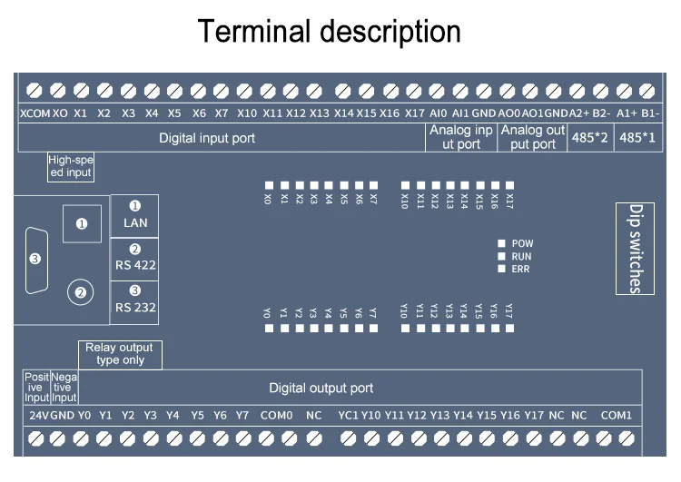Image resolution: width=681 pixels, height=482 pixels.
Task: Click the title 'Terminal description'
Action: click(331, 32)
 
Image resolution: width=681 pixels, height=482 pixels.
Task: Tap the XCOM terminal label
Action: click(35, 113)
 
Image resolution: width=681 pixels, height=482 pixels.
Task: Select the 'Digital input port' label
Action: click(207, 139)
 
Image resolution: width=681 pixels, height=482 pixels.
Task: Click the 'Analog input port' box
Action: click(460, 138)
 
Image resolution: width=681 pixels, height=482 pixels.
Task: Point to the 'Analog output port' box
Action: click(533, 138)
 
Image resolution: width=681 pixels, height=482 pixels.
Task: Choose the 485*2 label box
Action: click(591, 139)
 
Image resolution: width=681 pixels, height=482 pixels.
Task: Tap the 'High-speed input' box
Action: click(71, 166)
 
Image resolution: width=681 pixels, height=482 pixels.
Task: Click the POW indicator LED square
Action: click(500, 244)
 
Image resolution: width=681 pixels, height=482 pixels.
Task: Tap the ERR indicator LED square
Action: click(500, 270)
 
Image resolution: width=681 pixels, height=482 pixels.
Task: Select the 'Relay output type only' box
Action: click(119, 354)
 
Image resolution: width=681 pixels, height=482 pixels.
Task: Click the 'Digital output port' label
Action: click(321, 389)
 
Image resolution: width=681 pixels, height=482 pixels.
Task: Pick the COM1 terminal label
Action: click(617, 415)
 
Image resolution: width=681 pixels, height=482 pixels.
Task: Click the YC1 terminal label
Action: click(348, 415)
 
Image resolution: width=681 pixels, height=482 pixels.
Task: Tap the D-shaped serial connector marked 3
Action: click(35, 259)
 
